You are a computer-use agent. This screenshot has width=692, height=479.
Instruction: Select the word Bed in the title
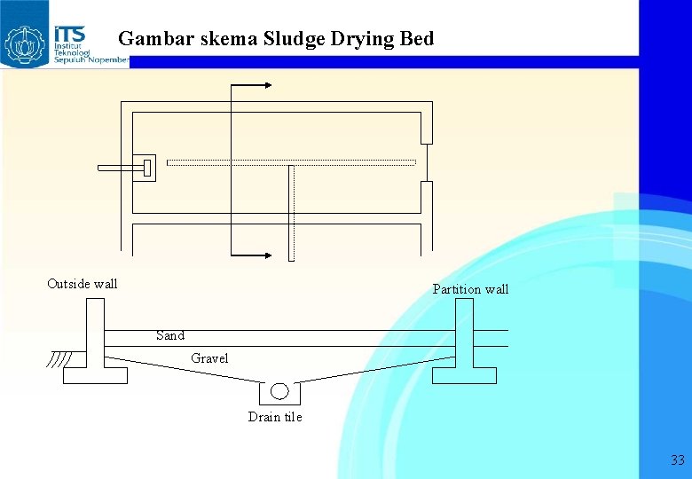(x=417, y=39)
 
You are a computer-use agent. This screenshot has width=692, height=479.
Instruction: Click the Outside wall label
(x=82, y=284)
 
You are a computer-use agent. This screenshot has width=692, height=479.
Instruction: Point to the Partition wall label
(x=470, y=289)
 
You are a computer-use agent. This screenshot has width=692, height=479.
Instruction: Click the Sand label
(x=170, y=335)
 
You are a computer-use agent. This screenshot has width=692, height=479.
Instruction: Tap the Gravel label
(x=209, y=358)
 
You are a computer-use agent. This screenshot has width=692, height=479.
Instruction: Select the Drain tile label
(x=275, y=417)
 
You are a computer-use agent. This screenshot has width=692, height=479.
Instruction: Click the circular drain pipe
(x=279, y=391)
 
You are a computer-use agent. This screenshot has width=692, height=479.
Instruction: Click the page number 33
(x=678, y=459)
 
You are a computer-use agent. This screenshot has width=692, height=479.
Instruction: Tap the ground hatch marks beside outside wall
(x=60, y=360)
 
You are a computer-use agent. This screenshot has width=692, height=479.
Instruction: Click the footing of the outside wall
(x=95, y=375)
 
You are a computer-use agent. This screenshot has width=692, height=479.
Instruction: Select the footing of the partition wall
(x=464, y=375)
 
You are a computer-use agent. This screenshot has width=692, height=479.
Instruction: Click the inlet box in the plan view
(x=145, y=167)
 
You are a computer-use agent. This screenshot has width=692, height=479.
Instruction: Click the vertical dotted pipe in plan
(x=290, y=213)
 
